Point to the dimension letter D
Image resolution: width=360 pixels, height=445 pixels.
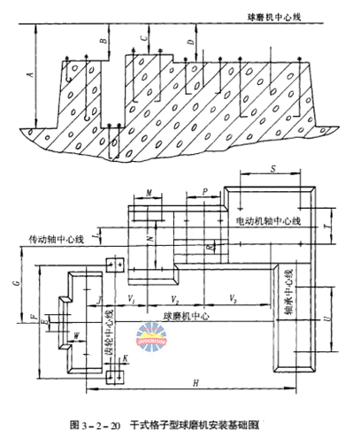pos(191,42)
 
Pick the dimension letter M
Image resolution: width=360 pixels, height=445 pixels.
pos(149,192)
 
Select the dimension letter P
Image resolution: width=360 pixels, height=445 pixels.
pos(204,190)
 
